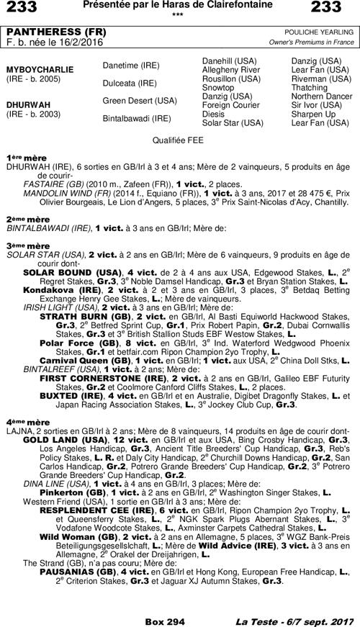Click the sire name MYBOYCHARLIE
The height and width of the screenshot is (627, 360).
pyautogui.click(x=40, y=69)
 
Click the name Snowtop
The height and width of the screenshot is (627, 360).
pyautogui.click(x=218, y=87)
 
